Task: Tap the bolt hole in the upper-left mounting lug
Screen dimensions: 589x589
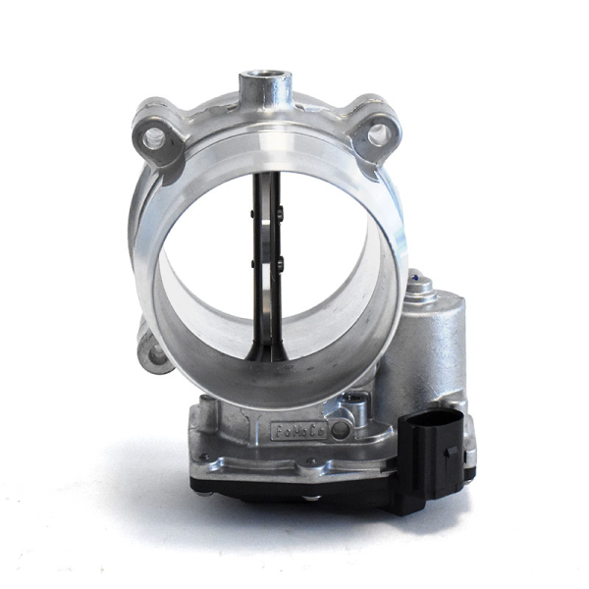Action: [x=155, y=138]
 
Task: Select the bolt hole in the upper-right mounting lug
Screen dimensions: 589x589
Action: [x=377, y=134]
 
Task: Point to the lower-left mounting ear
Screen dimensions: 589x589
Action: [x=152, y=350]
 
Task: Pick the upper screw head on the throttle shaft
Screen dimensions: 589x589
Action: [x=280, y=215]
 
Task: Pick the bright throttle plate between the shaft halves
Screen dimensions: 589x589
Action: [x=263, y=245]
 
